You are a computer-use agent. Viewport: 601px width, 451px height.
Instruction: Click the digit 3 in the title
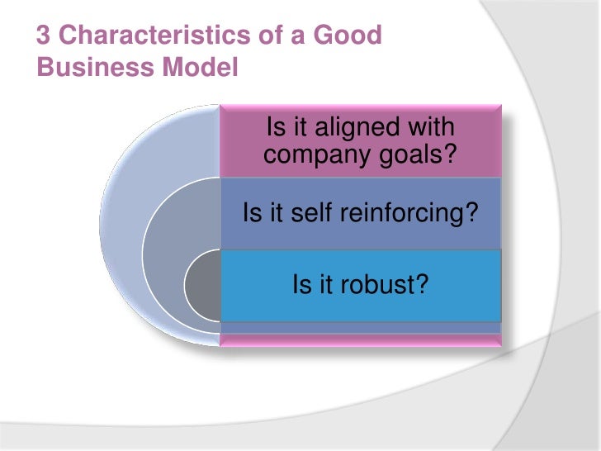point(44,36)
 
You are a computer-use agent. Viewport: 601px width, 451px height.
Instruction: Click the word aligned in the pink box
point(354,129)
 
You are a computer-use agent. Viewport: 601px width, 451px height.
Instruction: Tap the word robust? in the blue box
point(387,286)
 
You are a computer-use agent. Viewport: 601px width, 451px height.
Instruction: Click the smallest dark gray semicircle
point(203,285)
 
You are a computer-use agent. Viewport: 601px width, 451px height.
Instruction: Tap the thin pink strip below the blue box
point(360,339)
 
